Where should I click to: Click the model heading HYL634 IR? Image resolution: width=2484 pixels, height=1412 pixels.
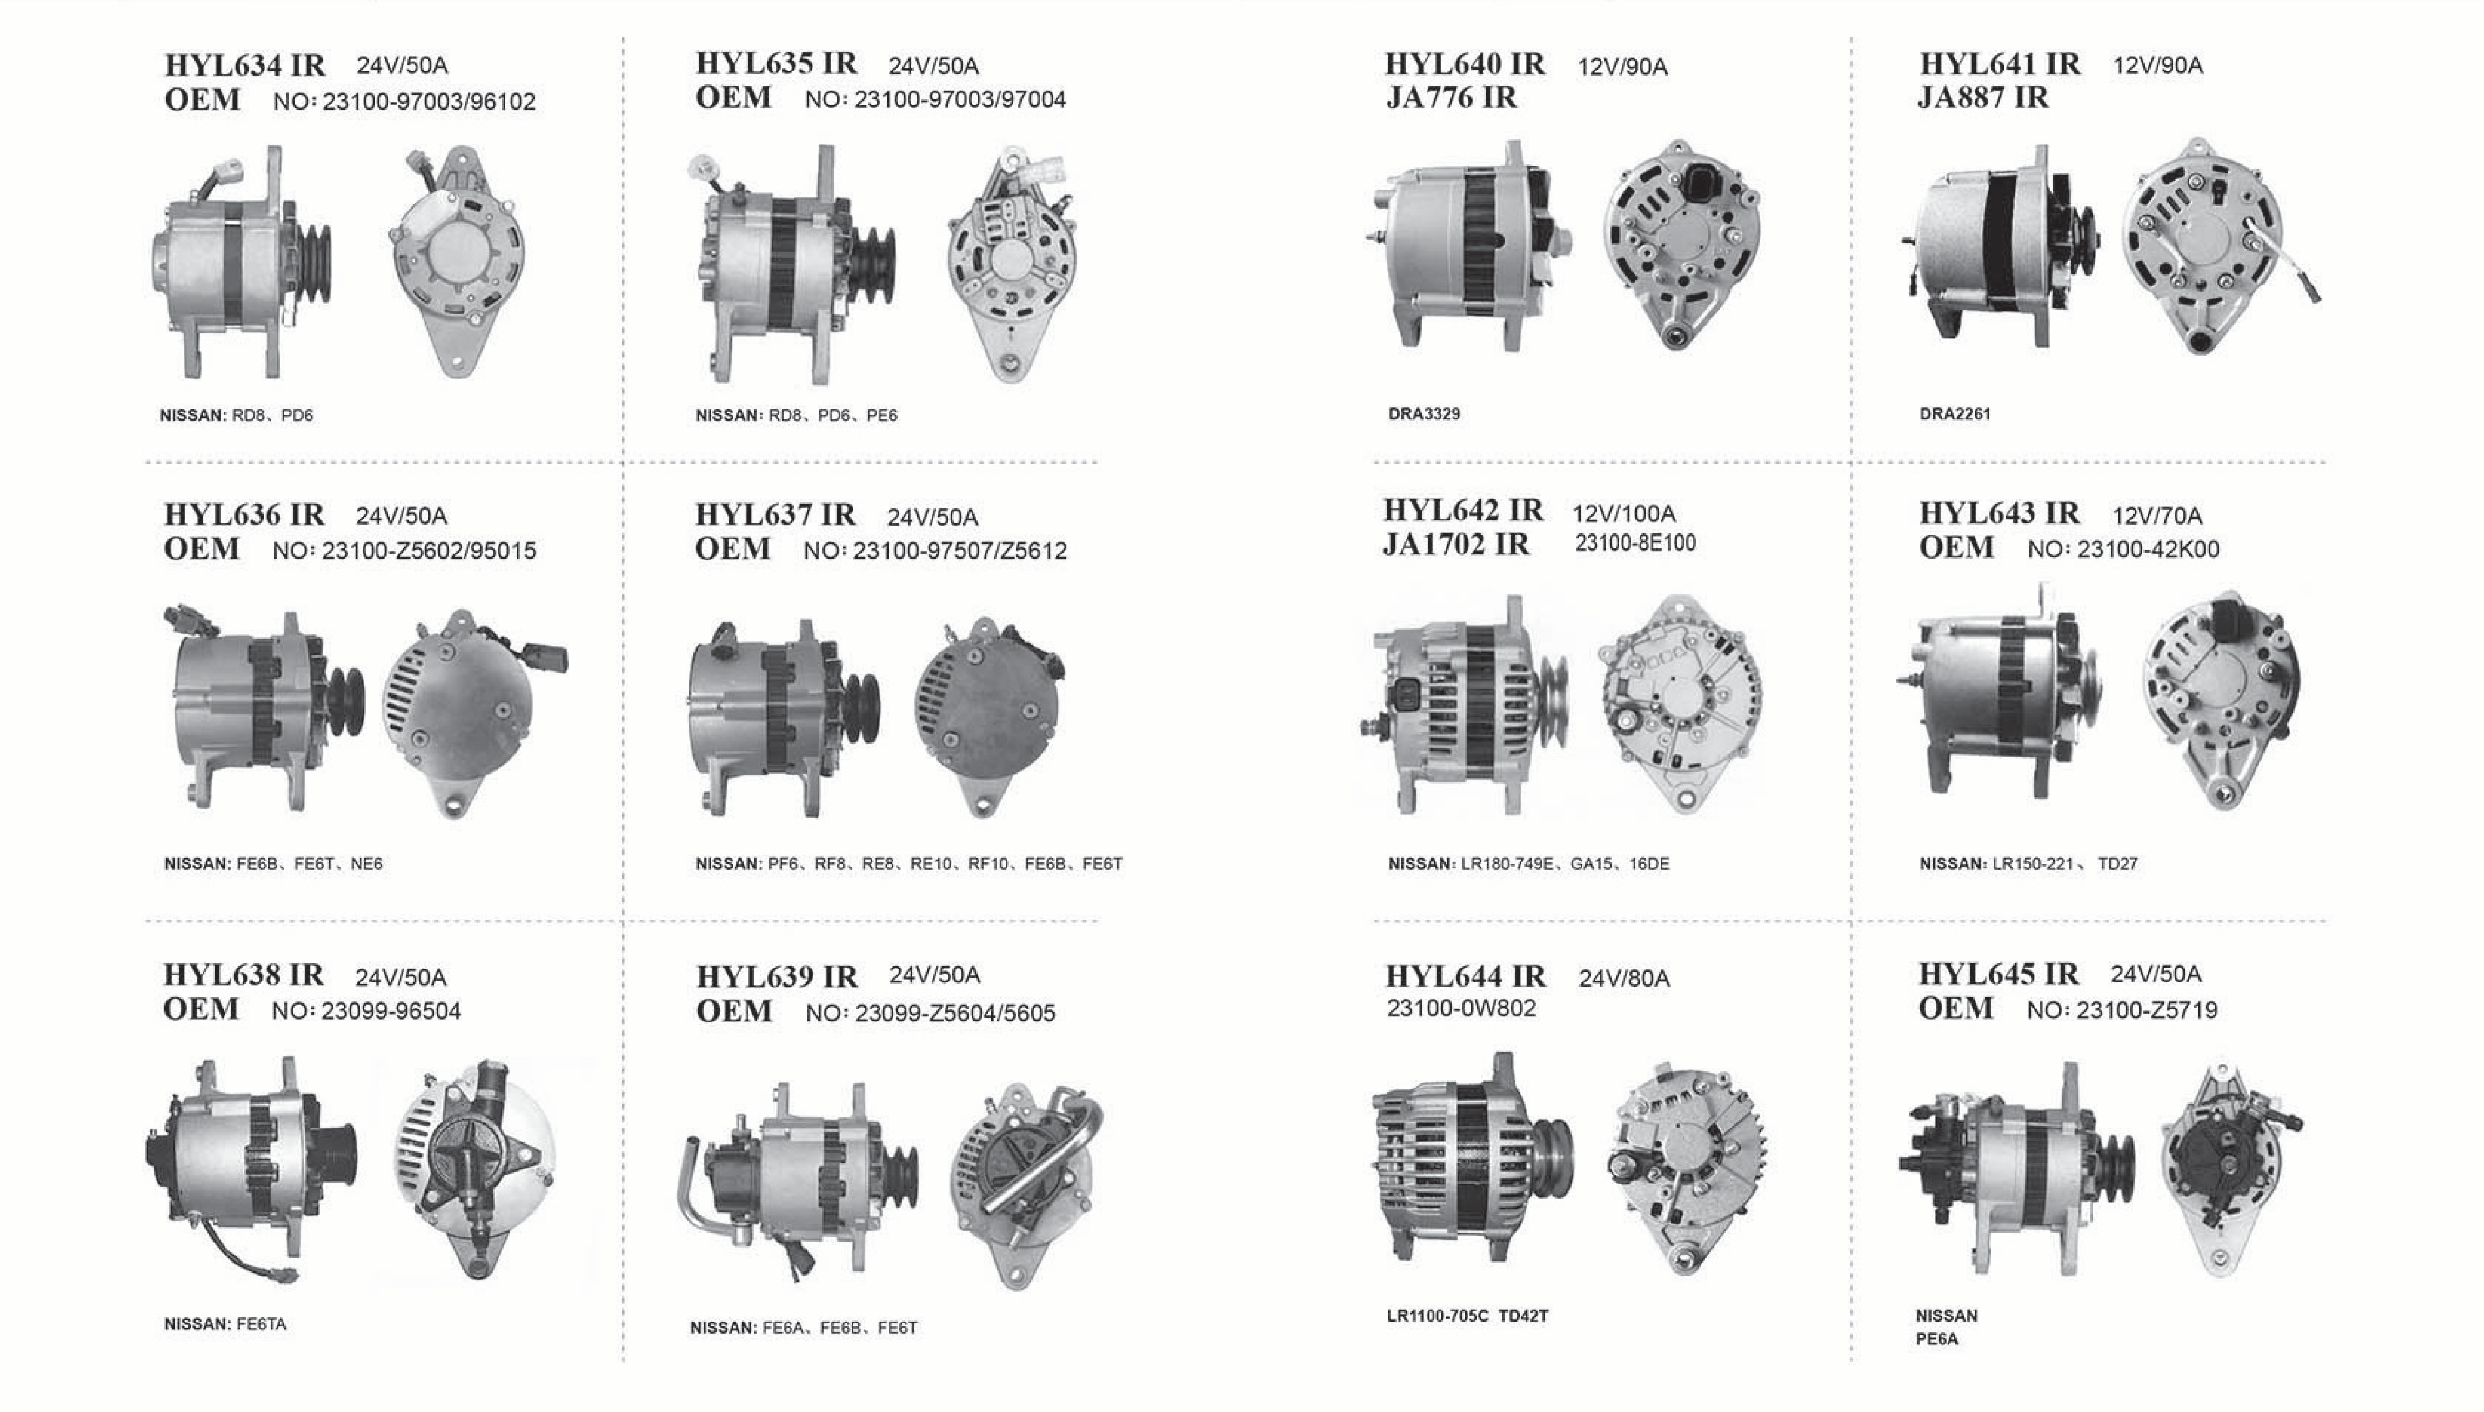pos(244,65)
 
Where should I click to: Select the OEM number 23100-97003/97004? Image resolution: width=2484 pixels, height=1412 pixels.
pos(960,100)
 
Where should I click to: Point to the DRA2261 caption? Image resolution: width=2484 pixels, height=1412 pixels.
pos(1955,414)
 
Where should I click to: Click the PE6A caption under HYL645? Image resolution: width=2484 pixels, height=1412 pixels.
pos(1937,1339)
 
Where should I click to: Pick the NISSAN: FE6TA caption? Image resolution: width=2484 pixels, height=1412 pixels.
pos(225,1323)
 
